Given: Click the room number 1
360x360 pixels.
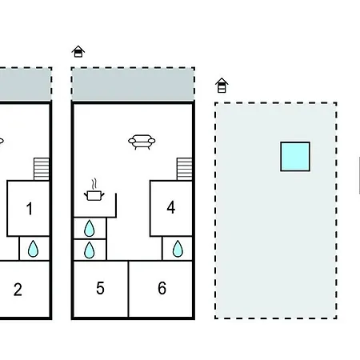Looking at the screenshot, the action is (30, 209).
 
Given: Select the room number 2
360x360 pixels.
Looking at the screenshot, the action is (18, 290).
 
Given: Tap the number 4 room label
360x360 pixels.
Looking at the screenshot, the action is (171, 207).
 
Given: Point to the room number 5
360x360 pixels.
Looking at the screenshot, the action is (100, 288).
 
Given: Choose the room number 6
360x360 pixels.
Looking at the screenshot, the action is (162, 288).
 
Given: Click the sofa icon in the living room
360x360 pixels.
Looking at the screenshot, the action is (142, 142).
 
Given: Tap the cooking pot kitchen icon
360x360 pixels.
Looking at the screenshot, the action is (94, 195).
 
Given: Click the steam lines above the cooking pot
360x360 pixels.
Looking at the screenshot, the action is (94, 184).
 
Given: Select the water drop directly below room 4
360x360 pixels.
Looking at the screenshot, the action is (178, 249).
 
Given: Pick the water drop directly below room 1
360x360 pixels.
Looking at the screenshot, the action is (33, 249).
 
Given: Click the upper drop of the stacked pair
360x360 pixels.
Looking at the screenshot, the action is (89, 228).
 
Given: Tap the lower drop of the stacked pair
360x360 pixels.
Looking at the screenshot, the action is (89, 250).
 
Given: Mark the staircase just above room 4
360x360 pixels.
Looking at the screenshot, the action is (184, 169).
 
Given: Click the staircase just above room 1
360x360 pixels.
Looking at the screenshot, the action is (42, 169).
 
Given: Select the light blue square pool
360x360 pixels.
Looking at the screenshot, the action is (295, 157).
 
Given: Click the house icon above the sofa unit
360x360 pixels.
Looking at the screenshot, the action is (78, 51).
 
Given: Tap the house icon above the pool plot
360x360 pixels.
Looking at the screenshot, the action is (222, 86).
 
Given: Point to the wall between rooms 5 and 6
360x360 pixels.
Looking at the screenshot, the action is (128, 289).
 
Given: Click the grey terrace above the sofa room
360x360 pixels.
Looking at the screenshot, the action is (133, 84).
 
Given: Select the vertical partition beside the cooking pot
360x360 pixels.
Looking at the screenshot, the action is (116, 205).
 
